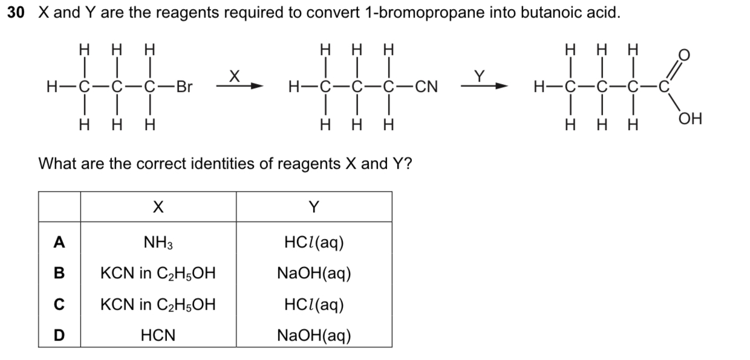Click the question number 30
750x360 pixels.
16,13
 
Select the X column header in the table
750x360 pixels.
158,207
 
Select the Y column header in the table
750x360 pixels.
313,207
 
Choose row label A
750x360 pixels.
59,242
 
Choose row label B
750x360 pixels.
59,273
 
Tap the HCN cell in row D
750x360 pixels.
158,335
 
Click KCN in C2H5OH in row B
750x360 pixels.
158,273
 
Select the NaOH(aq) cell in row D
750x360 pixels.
313,335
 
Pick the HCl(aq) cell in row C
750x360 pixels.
313,304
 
